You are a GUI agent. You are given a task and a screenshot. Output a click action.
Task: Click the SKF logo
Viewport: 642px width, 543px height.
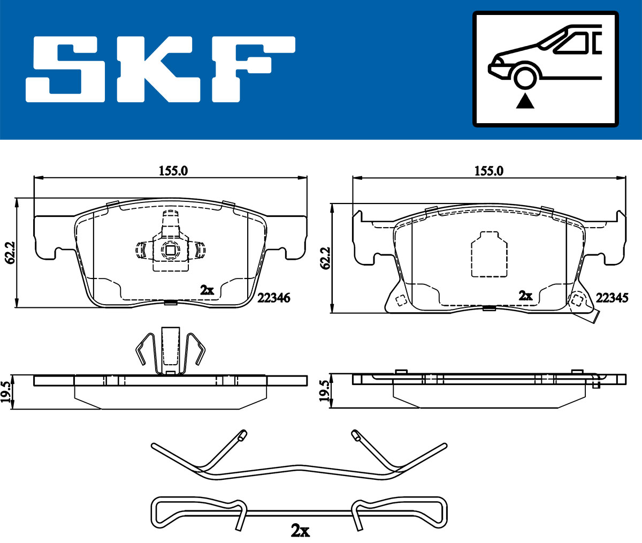(160, 69)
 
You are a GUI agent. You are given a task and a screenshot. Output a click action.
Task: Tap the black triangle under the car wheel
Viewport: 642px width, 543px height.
(525, 102)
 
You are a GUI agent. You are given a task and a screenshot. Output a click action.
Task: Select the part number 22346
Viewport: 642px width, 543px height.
(273, 298)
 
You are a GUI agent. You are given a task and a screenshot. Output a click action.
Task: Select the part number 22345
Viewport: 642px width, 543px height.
(612, 298)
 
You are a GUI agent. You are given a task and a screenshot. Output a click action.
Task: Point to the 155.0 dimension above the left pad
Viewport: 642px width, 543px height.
(173, 171)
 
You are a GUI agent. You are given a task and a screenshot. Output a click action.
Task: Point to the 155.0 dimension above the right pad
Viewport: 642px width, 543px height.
(489, 171)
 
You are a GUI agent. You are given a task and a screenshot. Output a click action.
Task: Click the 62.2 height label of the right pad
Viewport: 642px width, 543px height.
(325, 258)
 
